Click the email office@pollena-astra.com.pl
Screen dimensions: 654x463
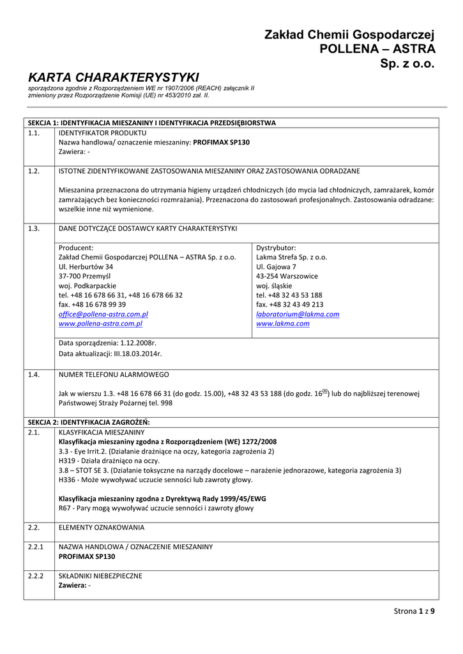coord(103,314)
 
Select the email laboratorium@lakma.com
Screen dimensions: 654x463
coord(298,314)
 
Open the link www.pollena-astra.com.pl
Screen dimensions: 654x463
coord(100,324)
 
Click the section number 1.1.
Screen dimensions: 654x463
coord(34,132)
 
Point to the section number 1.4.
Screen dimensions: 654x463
coord(34,374)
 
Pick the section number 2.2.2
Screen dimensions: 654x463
coord(36,575)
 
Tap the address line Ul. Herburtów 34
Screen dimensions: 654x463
coord(86,266)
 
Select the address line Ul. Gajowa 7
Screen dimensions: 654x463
coord(276,266)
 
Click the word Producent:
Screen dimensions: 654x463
coord(76,248)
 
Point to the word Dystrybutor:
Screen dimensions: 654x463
coord(276,248)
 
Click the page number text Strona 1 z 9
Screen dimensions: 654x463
coord(414,611)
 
